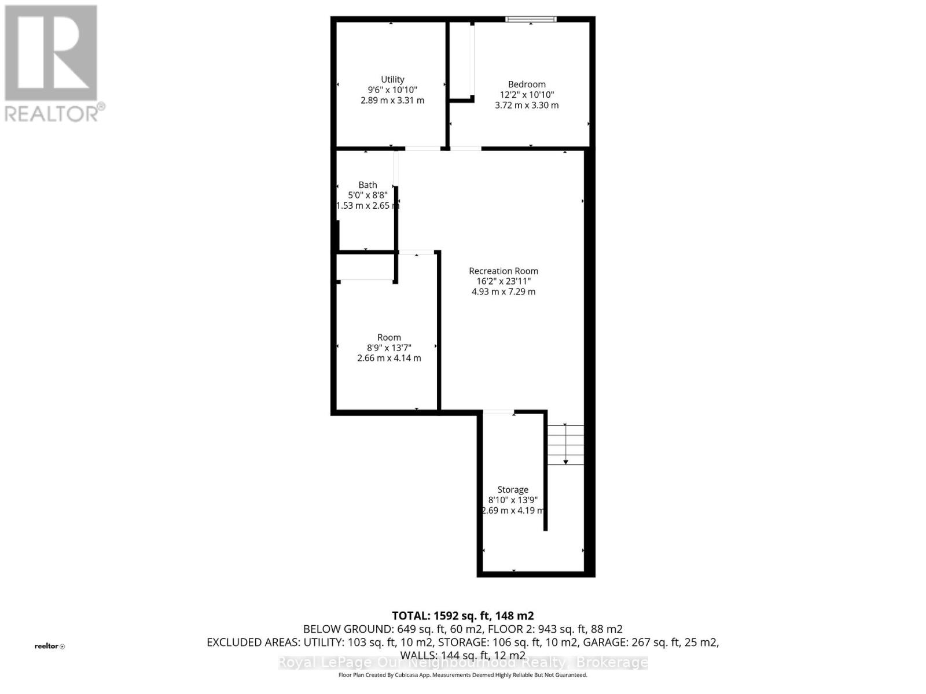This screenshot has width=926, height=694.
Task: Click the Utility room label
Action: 392,79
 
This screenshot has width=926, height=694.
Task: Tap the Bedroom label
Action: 527,84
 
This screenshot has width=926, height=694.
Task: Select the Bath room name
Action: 368,185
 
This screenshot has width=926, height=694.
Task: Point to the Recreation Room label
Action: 504,271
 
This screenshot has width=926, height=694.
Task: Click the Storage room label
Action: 513,489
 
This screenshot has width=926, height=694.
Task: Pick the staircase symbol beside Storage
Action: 565,445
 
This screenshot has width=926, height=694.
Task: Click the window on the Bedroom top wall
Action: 531,19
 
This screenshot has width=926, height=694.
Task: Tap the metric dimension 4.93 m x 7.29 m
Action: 504,291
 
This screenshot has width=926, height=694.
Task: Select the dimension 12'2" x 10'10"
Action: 527,95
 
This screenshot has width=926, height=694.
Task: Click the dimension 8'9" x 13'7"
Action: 389,348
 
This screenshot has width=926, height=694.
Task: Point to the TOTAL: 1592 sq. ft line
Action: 463,616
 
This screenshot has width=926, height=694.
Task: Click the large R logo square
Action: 51,53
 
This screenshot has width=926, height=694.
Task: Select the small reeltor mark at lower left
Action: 50,646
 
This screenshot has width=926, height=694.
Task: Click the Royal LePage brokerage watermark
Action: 463,663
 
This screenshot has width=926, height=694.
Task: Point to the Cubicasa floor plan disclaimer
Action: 463,675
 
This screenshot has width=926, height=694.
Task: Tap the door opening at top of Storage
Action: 498,412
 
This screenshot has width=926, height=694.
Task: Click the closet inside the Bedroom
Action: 461,61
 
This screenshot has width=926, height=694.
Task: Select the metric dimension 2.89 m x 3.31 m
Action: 392,100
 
